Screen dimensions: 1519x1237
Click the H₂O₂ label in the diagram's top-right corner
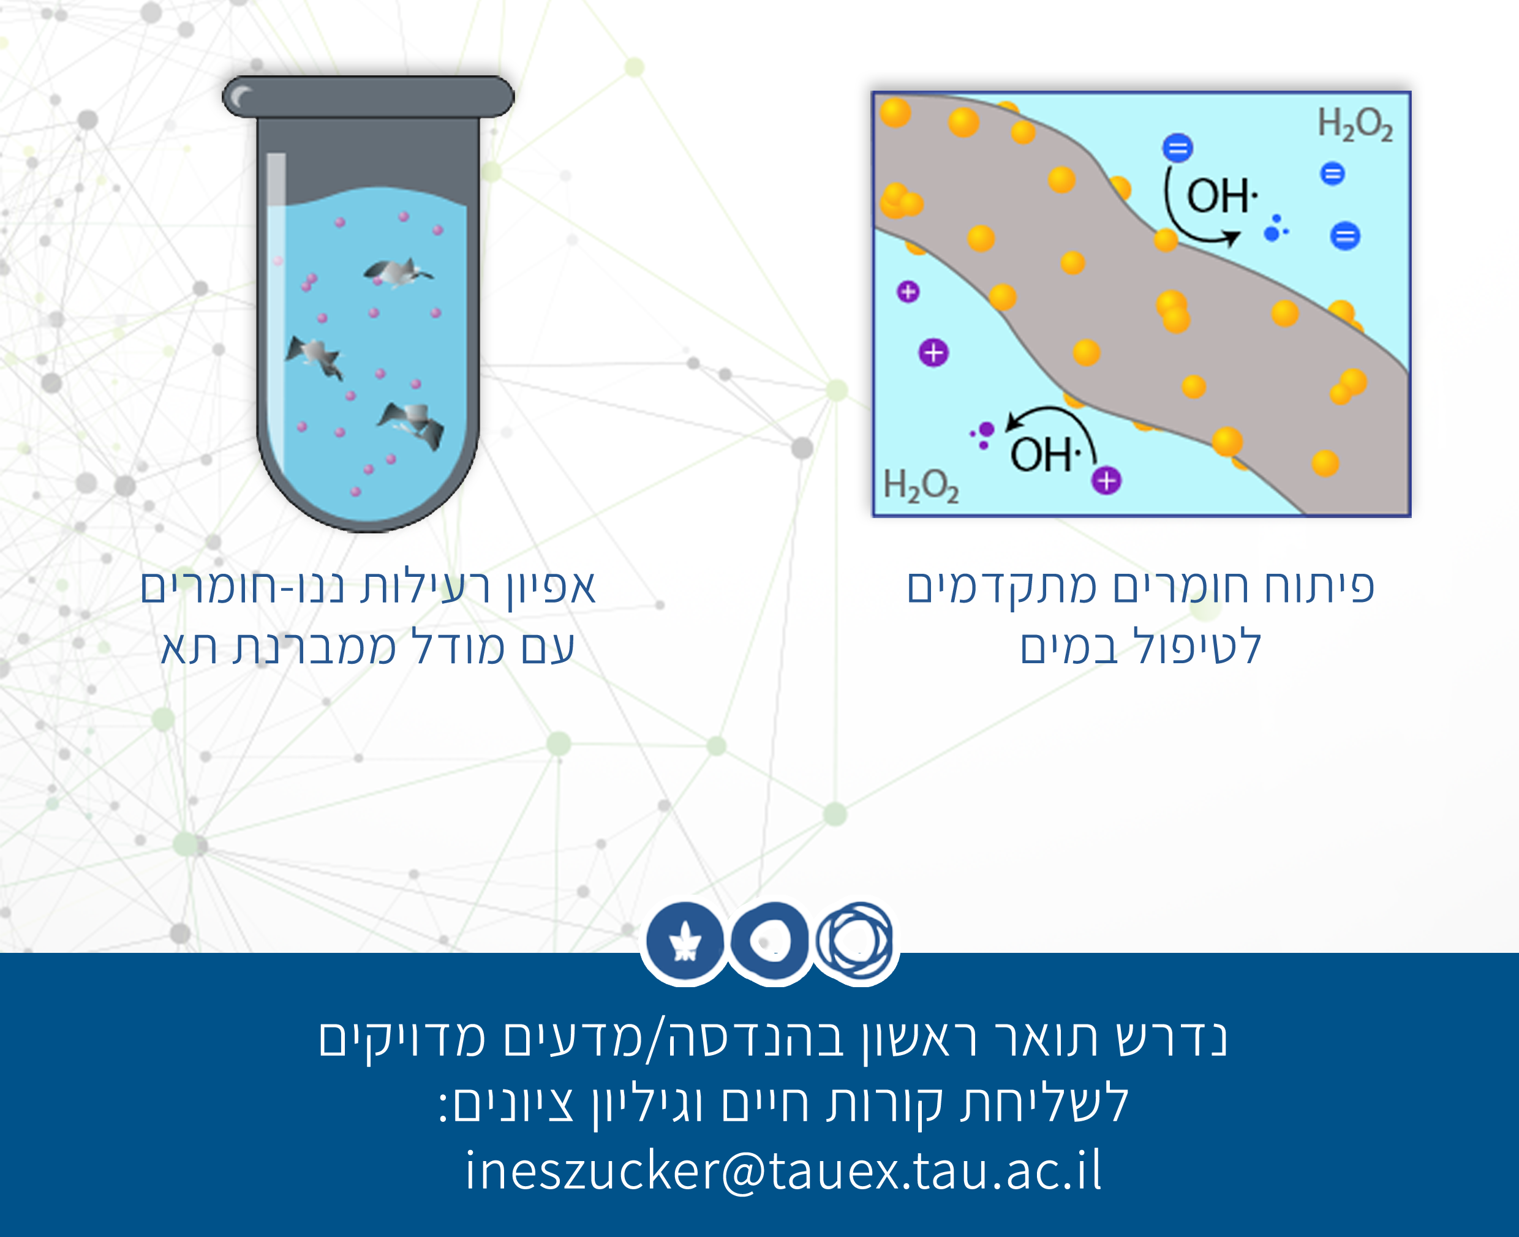1354,125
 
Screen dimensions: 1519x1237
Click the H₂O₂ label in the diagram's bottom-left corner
921,486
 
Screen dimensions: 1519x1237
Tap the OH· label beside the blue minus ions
1222,195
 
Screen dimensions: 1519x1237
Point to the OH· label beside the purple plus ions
1045,454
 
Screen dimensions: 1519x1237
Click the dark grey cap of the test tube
368,96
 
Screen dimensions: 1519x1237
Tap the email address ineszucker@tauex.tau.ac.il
783,1170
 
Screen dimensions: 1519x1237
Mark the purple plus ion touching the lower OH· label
1106,481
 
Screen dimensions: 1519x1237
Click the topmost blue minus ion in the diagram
1178,148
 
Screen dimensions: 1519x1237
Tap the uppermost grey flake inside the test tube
397,272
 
